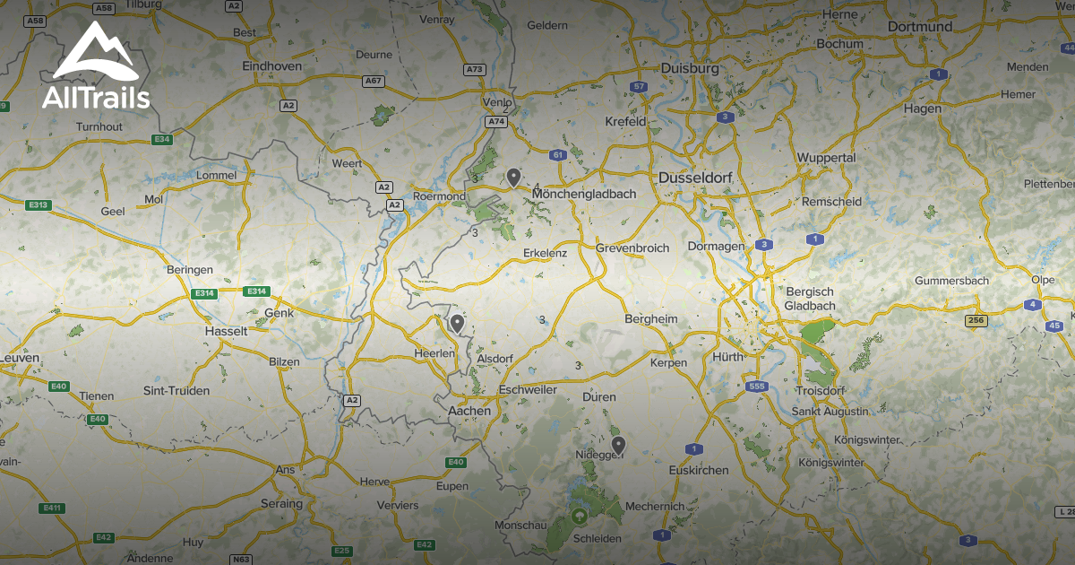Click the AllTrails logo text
pos(96,97)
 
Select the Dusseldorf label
pos(695,178)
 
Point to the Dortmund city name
pos(919,27)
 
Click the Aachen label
pos(469,410)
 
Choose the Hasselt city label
pos(226,331)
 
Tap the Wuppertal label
pos(826,158)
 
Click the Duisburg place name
pos(690,68)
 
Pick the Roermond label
pos(439,196)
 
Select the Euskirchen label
pos(699,470)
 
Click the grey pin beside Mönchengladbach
pos(513,177)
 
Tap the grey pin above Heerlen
pos(457,323)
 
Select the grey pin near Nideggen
pos(617,444)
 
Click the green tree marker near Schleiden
pos(579,517)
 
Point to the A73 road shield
pos(474,69)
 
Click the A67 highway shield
pos(373,81)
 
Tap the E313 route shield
pos(39,205)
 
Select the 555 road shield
pos(756,387)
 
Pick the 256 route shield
pos(976,320)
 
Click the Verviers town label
pos(397,506)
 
